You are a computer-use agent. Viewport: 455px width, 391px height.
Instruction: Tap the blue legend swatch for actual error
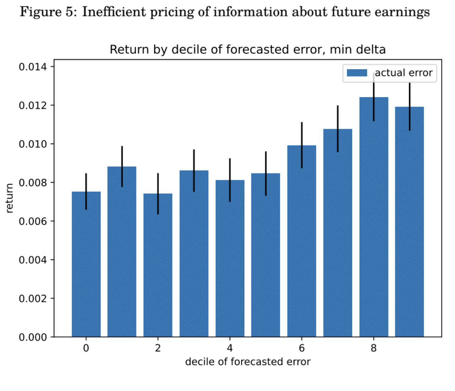tap(357, 73)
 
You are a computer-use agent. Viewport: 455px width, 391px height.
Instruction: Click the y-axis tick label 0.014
tap(33, 67)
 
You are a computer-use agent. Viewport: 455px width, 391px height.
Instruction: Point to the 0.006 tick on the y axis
tap(33, 221)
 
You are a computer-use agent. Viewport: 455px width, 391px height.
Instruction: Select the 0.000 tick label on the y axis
tap(33, 337)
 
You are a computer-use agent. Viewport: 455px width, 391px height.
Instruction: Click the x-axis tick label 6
tap(302, 348)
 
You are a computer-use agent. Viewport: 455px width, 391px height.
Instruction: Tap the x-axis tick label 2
tap(158, 348)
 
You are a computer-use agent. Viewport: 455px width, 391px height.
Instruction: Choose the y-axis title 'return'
tap(10, 198)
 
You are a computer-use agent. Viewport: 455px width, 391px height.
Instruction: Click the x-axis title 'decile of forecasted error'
tap(248, 362)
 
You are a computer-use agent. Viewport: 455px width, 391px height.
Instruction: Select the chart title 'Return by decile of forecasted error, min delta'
tap(248, 49)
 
